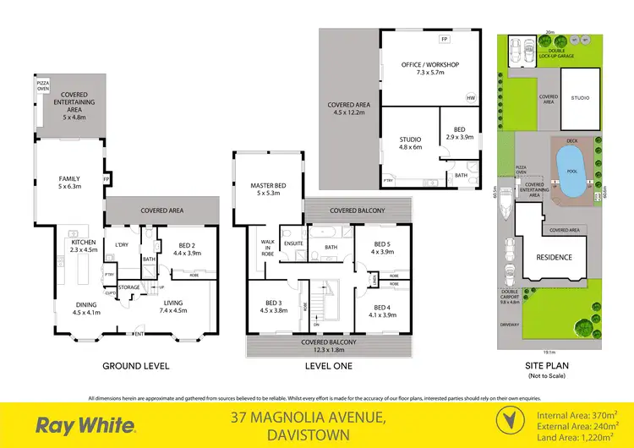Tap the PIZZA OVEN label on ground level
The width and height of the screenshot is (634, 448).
[43, 85]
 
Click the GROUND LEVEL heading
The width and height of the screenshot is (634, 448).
[135, 366]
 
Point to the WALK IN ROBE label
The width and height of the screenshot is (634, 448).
[267, 247]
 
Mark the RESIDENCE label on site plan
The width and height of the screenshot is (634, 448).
[555, 257]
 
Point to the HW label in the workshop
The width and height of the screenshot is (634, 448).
[471, 98]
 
